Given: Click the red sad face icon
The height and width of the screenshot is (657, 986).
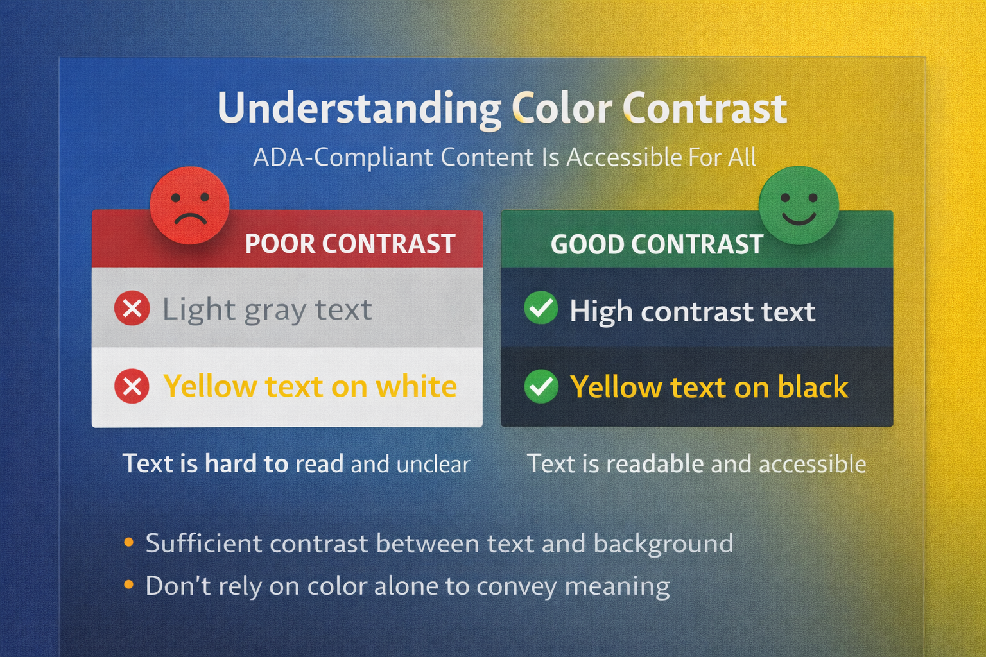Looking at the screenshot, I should click(189, 205).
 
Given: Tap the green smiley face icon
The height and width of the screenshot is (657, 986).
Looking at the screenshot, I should click(799, 205).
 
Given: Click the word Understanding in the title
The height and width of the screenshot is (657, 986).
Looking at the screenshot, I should click(359, 109).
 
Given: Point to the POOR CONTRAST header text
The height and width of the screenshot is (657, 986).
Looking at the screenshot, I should click(350, 244).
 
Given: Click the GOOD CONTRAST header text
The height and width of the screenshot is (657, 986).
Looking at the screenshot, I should click(657, 244).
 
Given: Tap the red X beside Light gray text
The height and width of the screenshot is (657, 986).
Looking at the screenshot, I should click(132, 309).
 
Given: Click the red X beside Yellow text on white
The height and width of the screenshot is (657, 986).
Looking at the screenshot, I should click(132, 386).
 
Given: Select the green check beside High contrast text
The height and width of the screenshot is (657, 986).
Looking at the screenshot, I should click(541, 308).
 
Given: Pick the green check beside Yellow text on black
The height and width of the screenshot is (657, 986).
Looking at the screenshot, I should click(541, 386).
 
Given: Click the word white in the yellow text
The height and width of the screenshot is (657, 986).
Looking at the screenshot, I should click(416, 386).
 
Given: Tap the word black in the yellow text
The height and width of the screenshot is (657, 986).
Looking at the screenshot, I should click(813, 387).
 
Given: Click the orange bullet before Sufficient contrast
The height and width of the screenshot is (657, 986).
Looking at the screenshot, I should click(129, 543).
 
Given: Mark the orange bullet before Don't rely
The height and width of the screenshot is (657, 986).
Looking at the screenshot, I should click(129, 584).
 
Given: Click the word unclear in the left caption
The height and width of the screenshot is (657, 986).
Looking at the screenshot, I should click(433, 464).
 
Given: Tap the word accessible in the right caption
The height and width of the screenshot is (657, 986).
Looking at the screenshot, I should click(812, 464).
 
